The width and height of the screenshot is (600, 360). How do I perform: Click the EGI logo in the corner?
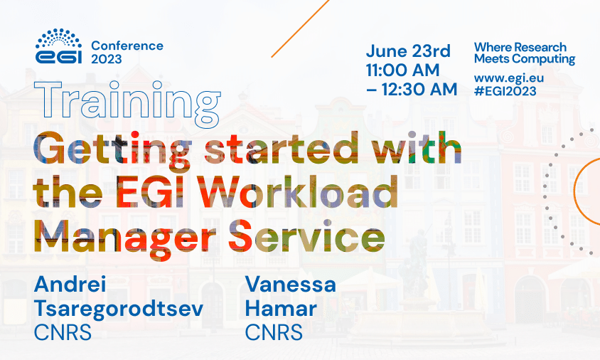(x=59, y=46)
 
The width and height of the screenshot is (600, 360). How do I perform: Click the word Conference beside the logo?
(x=127, y=46)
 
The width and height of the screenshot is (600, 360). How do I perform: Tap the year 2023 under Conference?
(x=106, y=60)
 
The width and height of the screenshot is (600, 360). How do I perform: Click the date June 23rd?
(x=408, y=52)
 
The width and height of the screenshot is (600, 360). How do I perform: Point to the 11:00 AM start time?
(x=402, y=70)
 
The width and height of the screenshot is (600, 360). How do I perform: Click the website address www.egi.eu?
(x=505, y=77)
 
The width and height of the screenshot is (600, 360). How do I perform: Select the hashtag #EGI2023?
(x=505, y=91)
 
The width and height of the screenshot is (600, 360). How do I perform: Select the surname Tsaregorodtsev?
(x=117, y=309)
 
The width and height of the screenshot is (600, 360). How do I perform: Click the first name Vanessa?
(x=290, y=285)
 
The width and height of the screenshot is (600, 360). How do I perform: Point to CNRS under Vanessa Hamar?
(x=274, y=332)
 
